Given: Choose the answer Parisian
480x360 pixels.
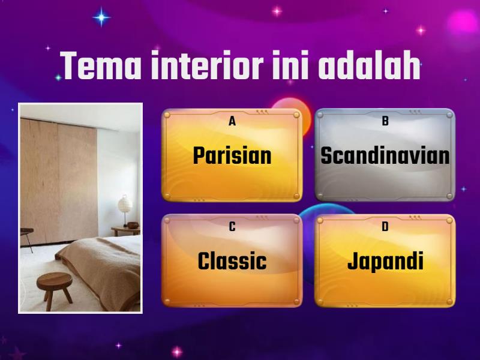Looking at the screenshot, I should [232, 156].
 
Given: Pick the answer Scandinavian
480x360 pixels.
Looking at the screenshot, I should [385, 156].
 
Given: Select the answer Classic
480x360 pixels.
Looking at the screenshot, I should [232, 262].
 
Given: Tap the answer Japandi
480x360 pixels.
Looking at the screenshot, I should [385, 262].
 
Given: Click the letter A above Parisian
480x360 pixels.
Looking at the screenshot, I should [232, 122].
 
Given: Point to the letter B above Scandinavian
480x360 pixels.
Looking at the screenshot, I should [385, 122].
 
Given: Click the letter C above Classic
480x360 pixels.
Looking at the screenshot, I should [232, 227].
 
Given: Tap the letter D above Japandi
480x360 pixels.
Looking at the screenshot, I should [385, 227].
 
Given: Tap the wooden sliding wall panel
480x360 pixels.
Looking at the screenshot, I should [60, 174].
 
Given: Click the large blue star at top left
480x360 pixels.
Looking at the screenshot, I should [101, 17].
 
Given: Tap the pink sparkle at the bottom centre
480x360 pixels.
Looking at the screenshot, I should [177, 352].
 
